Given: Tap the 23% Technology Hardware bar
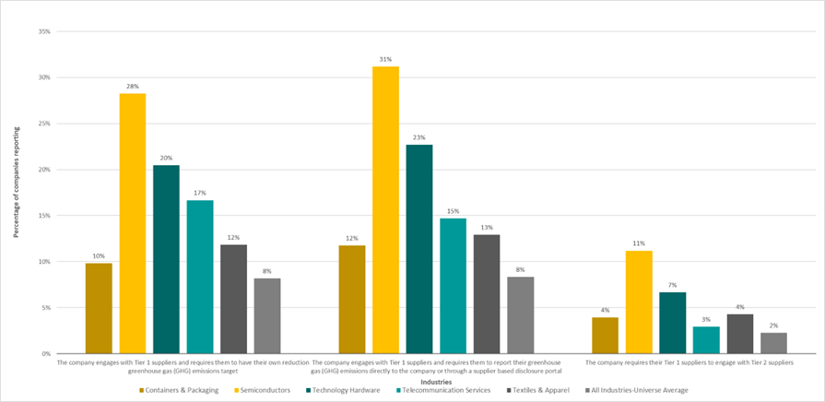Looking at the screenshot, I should (x=418, y=249).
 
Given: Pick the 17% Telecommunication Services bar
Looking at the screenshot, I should (x=200, y=277).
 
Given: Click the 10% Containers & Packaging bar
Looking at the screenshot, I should (x=99, y=308).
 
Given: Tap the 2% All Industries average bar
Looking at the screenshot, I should (x=773, y=343).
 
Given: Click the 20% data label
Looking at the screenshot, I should (x=166, y=158).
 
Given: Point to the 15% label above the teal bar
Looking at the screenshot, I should (x=453, y=211).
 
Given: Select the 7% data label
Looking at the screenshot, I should (x=672, y=285).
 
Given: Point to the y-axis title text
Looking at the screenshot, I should (x=16, y=189).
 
